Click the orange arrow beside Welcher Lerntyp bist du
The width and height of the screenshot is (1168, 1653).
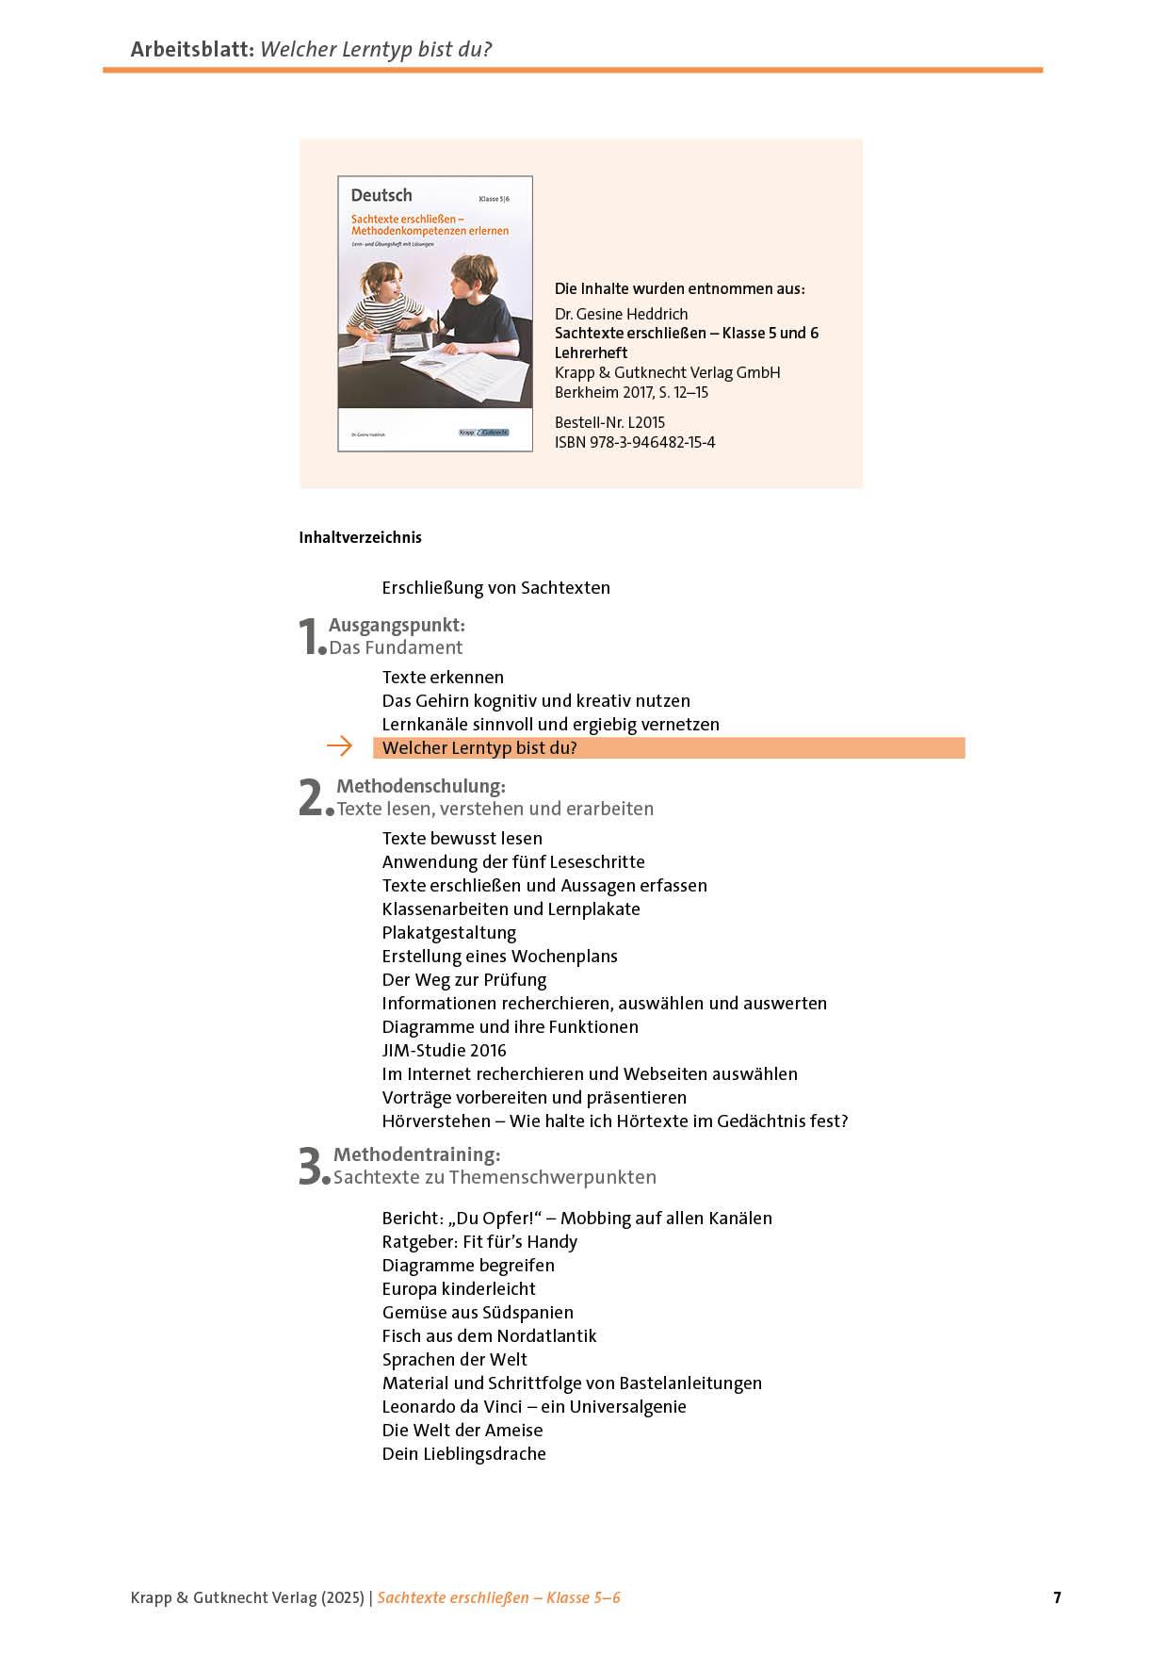(339, 747)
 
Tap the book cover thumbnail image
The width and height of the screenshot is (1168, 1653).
(434, 313)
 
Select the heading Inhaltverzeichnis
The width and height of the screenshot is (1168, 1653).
(360, 538)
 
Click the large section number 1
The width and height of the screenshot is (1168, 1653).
(310, 637)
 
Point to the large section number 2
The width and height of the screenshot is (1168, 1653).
(312, 798)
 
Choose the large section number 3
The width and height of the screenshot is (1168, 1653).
(312, 1167)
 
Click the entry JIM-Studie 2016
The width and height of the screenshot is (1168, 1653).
(444, 1051)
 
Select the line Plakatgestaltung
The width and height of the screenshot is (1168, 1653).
(448, 933)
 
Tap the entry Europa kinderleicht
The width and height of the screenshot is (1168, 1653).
(458, 1289)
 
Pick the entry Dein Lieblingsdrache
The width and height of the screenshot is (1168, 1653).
(463, 1454)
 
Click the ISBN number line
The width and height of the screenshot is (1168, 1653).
(634, 443)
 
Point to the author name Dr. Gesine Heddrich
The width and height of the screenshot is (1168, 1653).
(621, 314)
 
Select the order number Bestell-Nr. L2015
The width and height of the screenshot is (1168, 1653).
(609, 423)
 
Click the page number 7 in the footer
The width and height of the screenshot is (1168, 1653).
(1057, 1597)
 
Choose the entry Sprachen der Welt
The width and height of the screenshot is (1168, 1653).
(454, 1360)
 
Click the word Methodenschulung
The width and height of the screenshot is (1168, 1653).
(420, 786)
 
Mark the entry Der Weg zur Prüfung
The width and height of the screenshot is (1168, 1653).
(463, 980)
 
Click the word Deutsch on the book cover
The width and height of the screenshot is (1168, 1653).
(381, 196)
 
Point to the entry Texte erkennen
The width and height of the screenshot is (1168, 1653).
(443, 678)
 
